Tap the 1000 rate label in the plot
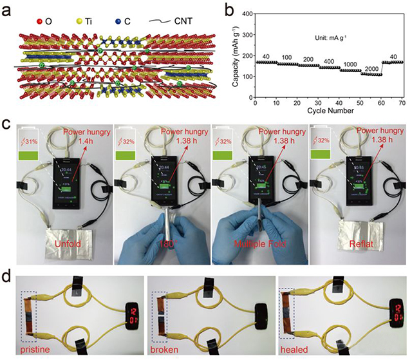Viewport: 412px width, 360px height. tap(350, 64)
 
